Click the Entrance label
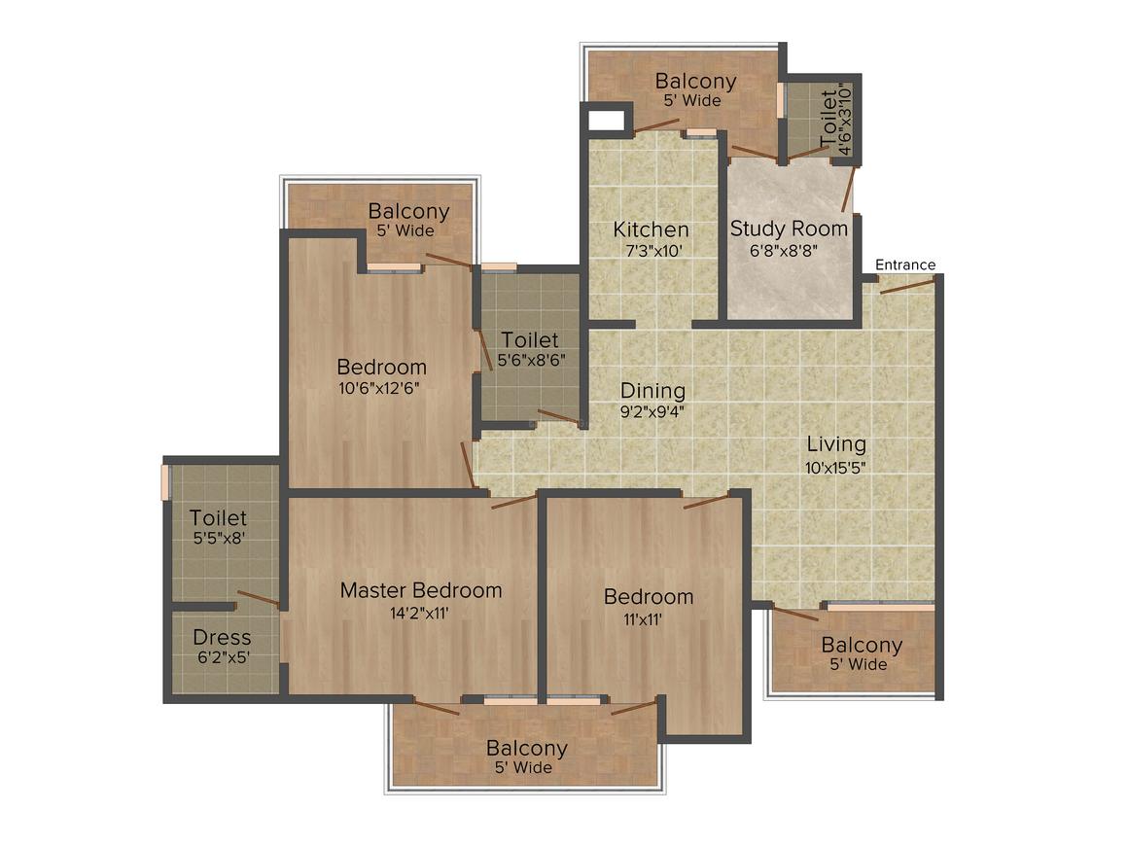click(905, 264)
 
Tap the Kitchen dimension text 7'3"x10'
click(653, 251)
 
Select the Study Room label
click(789, 229)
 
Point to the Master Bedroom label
click(421, 590)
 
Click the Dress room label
click(223, 637)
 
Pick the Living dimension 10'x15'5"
click(835, 468)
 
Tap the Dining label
click(652, 391)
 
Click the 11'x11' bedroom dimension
click(643, 619)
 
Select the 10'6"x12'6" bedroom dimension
click(379, 389)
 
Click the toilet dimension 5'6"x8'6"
click(532, 360)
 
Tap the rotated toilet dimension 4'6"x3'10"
click(845, 120)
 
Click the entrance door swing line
click(907, 285)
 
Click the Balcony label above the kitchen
click(695, 81)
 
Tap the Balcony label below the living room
click(862, 646)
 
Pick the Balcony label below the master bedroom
click(527, 748)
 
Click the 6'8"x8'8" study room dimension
click(784, 251)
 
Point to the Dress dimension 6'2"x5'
click(224, 657)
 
